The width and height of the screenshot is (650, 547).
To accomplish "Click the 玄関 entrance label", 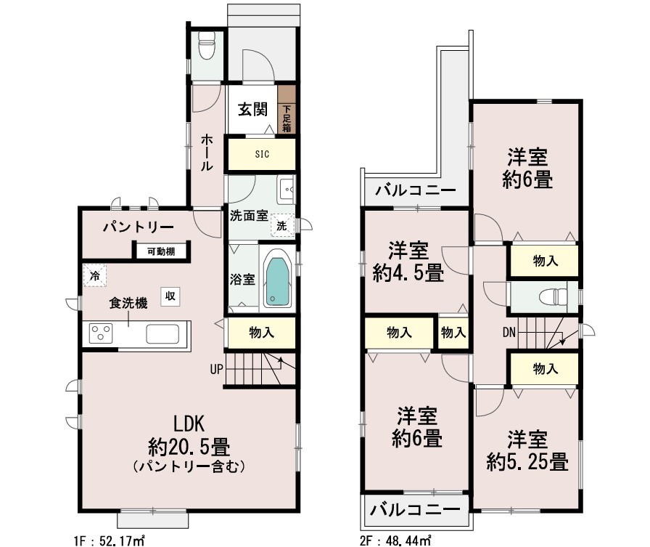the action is (252, 110).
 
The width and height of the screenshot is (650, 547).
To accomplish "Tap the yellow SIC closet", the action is (262, 154).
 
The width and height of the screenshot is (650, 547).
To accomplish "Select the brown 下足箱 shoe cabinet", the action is (287, 109).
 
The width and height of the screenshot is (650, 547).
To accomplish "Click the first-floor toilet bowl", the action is (207, 45).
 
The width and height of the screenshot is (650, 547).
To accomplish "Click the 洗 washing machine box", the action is (282, 225).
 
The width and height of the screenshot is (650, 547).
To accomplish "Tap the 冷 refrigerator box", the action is (94, 275).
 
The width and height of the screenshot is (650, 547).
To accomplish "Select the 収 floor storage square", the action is (170, 296).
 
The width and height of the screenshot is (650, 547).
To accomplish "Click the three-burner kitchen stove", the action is (101, 333).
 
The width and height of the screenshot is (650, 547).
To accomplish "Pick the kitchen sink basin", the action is (162, 333).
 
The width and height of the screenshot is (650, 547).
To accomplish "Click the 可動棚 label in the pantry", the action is (161, 251).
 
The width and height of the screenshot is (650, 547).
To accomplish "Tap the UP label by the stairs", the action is (216, 369).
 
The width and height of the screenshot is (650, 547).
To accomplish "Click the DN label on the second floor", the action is (509, 332).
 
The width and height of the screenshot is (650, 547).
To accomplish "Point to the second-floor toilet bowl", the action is (553, 296).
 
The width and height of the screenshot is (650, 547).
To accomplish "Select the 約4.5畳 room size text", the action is (408, 273).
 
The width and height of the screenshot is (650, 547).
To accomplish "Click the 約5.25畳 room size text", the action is (527, 462).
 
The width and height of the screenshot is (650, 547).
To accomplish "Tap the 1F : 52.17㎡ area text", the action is (110, 540).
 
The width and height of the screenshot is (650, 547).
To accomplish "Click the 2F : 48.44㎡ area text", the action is (395, 540).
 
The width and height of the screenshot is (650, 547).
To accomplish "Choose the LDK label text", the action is (189, 424).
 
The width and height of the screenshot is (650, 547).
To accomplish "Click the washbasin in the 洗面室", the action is (287, 190).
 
